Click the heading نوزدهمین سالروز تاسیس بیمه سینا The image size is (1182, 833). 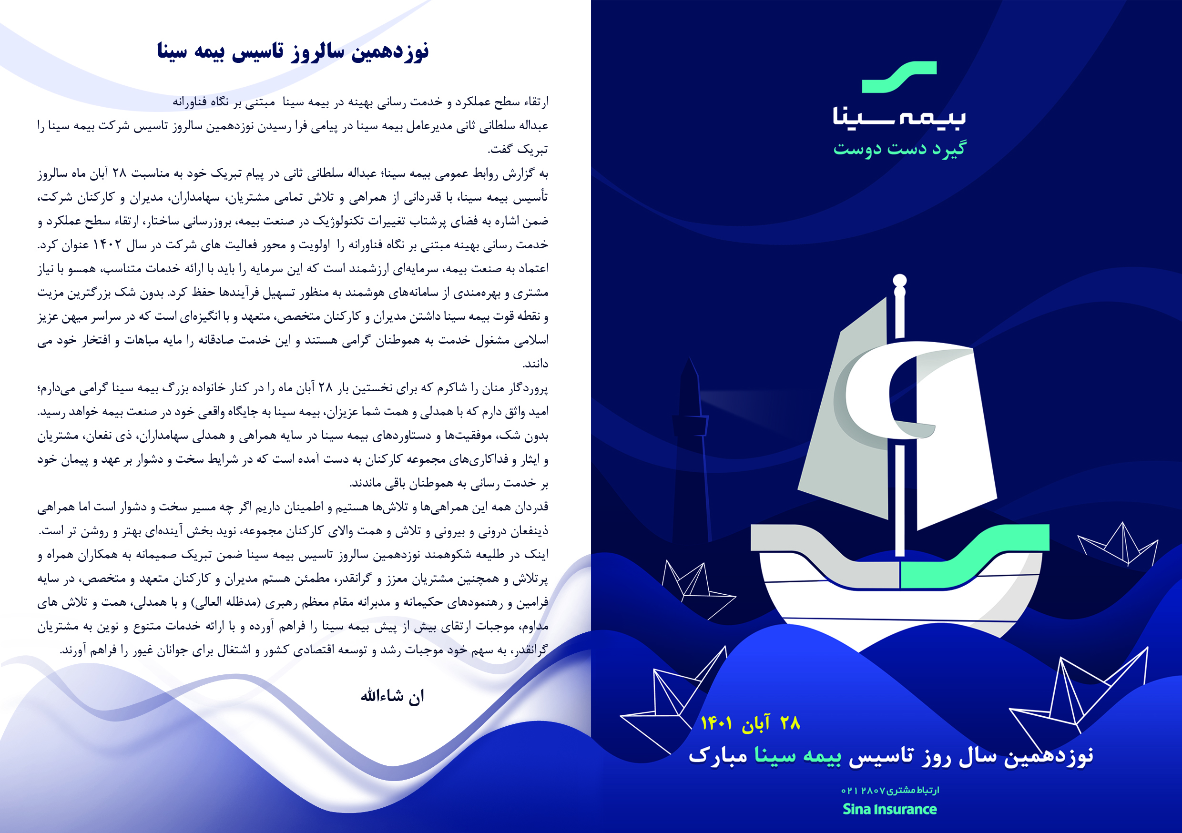293,51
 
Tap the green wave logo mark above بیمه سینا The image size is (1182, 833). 899,78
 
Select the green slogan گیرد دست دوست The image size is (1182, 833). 899,148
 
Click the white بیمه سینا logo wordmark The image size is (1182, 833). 899,116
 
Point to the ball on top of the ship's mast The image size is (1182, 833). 899,281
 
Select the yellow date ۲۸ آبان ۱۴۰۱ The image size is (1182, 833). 750,723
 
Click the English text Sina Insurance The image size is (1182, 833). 889,809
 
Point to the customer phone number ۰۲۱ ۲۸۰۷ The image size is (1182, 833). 863,790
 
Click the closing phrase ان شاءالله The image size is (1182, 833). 392,697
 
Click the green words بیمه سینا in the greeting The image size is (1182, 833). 798,756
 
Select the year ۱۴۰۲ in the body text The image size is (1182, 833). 107,245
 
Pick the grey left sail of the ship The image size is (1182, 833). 844,422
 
